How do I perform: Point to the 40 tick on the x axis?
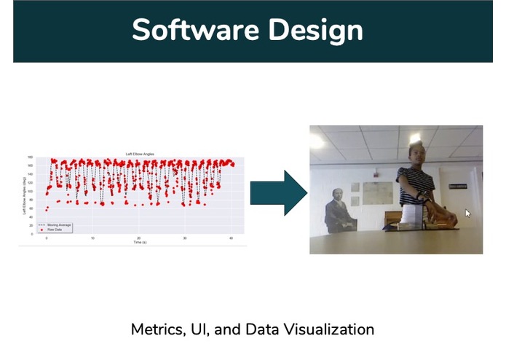(x=231, y=238)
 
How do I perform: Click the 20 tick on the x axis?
(x=139, y=238)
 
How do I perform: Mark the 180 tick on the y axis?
(x=31, y=157)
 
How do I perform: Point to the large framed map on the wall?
(x=378, y=192)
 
